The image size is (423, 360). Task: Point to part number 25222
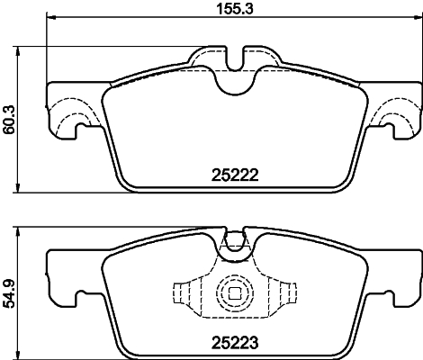click(x=235, y=177)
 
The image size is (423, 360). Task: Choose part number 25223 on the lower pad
click(x=235, y=343)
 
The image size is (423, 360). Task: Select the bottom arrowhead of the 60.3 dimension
click(x=21, y=191)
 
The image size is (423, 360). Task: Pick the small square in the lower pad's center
click(x=234, y=293)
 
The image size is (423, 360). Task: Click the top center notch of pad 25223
click(x=234, y=240)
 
